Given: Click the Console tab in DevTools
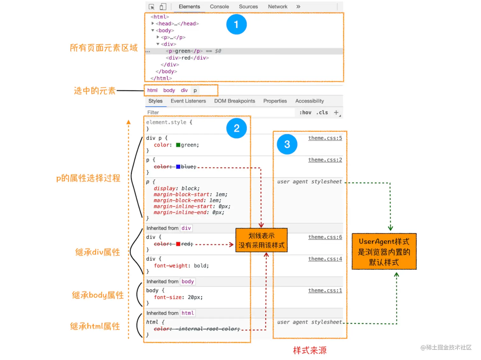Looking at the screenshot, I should click(x=219, y=7).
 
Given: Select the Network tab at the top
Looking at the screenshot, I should click(x=277, y=7).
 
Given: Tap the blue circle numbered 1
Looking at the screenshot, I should click(x=236, y=24).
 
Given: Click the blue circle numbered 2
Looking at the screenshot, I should click(x=236, y=128).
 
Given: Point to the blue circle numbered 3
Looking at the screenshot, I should click(x=287, y=144).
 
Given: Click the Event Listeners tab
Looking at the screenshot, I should click(x=188, y=101).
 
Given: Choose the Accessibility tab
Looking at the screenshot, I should click(x=309, y=101).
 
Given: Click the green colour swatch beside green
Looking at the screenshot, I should click(x=178, y=145).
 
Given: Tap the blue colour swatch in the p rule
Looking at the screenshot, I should click(x=178, y=167).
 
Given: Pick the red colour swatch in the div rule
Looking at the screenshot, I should click(x=178, y=244).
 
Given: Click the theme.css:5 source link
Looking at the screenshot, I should click(x=325, y=138).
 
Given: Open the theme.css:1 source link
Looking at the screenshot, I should click(x=325, y=291).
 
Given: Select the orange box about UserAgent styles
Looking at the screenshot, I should click(x=384, y=251).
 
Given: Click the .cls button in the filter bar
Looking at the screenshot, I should click(x=322, y=112).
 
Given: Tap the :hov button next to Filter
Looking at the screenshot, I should click(x=305, y=112).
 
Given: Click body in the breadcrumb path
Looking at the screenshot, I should click(x=169, y=90).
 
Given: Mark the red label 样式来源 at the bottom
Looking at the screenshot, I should click(x=310, y=350).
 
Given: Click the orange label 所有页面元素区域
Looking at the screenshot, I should click(x=104, y=48).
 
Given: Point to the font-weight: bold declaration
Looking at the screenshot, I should click(x=181, y=266).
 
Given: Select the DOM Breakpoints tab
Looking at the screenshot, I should click(x=234, y=101).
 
